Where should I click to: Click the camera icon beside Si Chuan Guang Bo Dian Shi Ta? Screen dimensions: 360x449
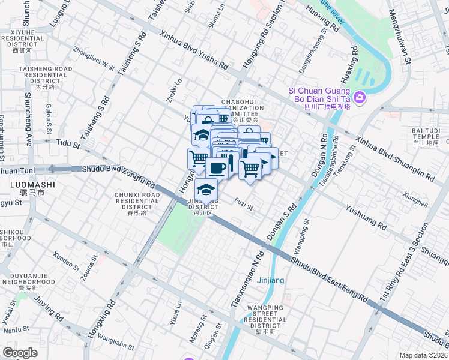pos(360,97)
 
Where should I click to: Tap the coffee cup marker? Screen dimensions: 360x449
pos(217,167)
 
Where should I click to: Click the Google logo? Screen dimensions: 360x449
pos(20,353)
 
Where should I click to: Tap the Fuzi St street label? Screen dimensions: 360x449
pos(244,205)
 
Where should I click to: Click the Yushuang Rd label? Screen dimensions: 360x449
pos(366,217)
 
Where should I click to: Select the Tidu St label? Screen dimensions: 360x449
pos(67,144)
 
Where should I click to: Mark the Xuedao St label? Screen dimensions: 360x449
pos(66,262)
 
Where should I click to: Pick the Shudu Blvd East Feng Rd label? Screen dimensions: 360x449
pos(329,279)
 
